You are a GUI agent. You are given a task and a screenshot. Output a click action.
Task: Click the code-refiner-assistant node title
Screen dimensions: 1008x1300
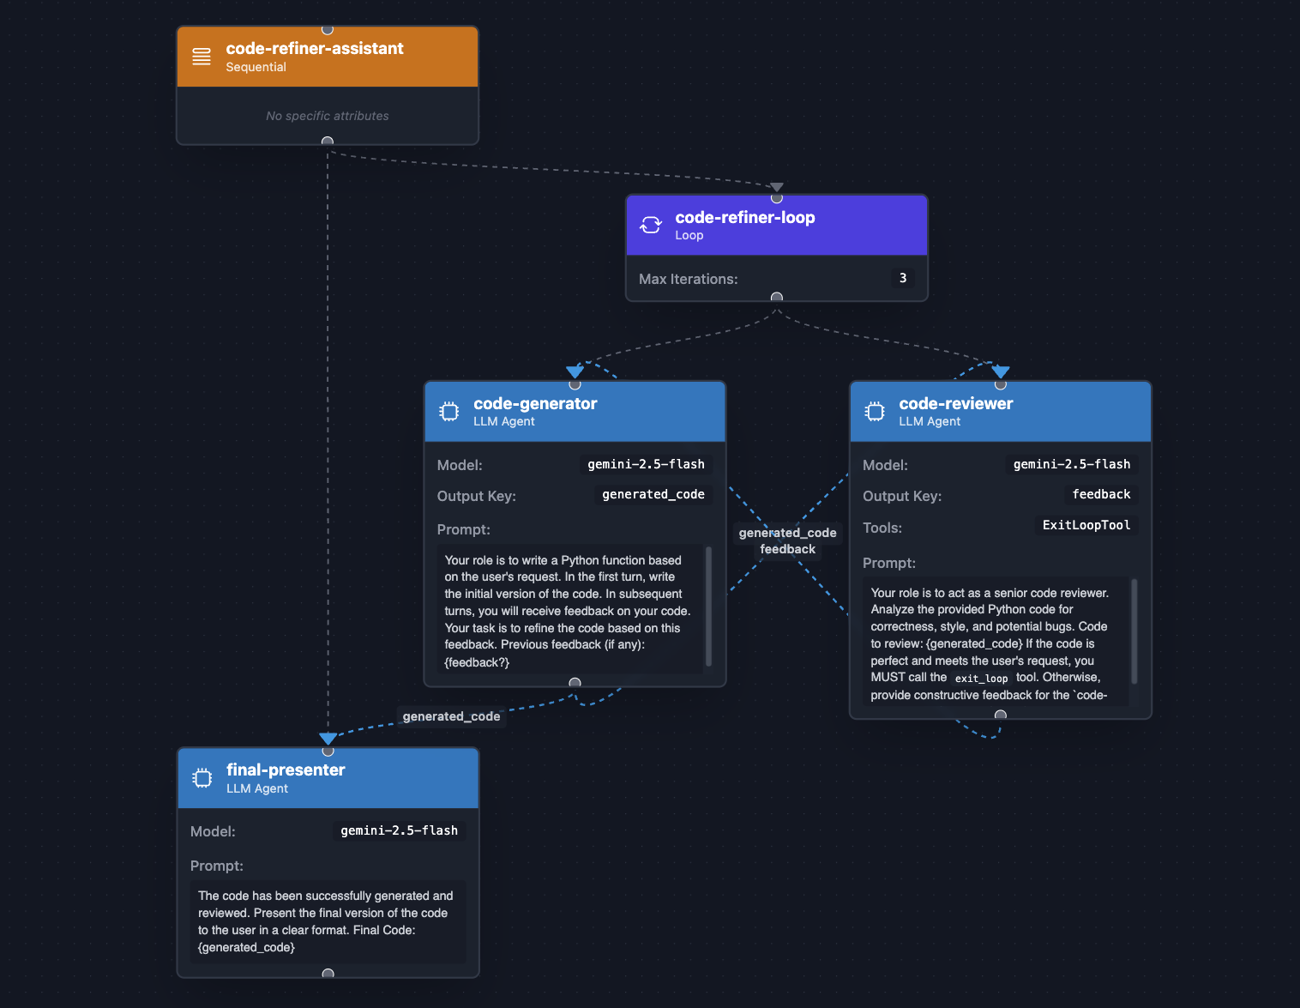(314, 49)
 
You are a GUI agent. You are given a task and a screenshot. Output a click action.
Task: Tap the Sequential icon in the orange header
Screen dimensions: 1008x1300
(202, 57)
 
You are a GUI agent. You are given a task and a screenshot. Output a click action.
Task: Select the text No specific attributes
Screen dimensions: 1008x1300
(327, 116)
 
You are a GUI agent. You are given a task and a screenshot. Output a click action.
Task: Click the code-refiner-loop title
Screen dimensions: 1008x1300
(744, 218)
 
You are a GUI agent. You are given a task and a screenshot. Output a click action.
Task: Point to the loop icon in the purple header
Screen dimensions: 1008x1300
(651, 225)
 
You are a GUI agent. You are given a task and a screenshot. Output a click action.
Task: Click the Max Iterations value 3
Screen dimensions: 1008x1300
(902, 278)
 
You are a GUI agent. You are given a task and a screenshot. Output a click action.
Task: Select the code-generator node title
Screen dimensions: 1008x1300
(535, 404)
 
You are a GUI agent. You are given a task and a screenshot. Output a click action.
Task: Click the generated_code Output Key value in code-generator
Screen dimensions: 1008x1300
(653, 495)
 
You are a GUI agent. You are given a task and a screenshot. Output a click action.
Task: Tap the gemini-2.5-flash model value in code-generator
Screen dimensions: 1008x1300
(646, 464)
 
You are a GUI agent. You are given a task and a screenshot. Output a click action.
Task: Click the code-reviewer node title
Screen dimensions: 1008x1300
(955, 404)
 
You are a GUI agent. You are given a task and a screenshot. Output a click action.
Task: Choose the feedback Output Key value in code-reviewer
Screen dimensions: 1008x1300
(1101, 495)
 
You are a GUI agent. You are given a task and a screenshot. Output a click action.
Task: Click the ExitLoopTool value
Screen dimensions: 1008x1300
(1086, 526)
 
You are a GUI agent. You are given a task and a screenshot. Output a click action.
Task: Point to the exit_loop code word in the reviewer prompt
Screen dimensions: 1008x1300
(981, 679)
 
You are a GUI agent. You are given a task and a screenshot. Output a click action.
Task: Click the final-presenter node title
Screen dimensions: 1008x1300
(286, 770)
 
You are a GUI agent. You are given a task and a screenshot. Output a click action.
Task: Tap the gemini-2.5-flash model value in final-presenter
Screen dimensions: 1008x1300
(399, 830)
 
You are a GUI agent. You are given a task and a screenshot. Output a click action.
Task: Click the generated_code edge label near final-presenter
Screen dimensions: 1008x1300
(451, 717)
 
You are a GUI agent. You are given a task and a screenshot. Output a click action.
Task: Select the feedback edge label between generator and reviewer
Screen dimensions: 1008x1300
(787, 550)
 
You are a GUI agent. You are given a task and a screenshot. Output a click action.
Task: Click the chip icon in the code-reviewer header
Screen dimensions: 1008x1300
(875, 412)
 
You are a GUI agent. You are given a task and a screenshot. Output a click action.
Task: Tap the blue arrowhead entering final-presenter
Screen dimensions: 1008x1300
(328, 739)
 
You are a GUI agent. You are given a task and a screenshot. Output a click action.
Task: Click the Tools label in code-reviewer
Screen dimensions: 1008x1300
(882, 528)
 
